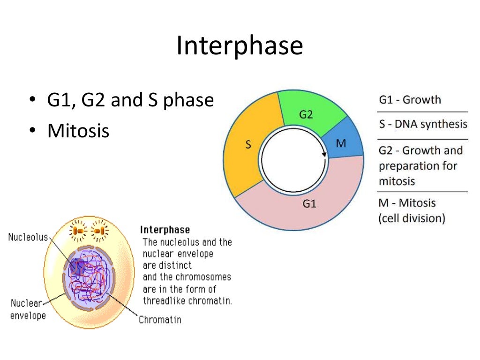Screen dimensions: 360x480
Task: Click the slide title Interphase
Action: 240,46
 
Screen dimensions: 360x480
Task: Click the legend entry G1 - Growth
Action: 410,100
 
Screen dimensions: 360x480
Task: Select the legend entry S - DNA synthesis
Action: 423,124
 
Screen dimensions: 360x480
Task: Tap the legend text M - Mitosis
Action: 407,203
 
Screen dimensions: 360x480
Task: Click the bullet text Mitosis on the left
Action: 78,131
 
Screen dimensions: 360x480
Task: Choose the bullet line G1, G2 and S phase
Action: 130,100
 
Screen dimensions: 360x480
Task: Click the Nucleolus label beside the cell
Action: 28,237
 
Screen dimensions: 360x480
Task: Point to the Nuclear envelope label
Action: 28,309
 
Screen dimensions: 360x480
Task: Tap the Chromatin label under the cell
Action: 160,320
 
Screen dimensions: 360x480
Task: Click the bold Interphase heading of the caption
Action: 165,230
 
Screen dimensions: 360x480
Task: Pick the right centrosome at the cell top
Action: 99,231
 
